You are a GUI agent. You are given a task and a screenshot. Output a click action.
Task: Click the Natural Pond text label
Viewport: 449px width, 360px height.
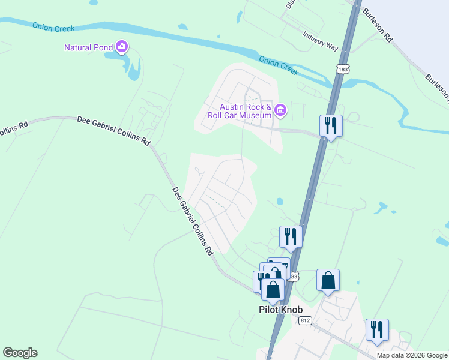(x=89, y=47)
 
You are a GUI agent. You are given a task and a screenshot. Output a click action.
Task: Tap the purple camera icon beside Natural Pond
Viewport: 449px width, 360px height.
(x=122, y=46)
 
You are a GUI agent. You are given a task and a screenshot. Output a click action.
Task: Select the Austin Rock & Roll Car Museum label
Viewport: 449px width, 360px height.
(x=240, y=110)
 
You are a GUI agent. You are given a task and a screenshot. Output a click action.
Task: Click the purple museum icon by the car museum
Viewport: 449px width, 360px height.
(x=280, y=110)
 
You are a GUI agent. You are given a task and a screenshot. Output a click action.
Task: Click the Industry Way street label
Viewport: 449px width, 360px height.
(x=321, y=41)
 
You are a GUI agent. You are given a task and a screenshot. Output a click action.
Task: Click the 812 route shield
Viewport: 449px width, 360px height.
(x=305, y=320)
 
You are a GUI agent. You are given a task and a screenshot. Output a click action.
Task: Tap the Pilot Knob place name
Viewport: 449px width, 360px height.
(x=277, y=310)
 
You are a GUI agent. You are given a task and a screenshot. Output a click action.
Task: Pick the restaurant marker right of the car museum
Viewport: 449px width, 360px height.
(x=330, y=126)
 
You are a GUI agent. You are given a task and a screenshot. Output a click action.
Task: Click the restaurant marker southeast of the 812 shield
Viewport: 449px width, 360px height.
(x=377, y=330)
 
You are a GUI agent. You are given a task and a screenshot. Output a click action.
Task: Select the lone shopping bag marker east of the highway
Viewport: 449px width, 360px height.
(x=328, y=281)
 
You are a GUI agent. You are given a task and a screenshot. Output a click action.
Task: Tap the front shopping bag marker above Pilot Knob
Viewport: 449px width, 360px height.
(x=273, y=289)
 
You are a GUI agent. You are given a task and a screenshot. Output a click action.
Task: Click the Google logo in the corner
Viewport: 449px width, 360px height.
(x=20, y=353)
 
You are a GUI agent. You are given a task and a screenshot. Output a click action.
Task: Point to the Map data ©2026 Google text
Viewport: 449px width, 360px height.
(x=412, y=355)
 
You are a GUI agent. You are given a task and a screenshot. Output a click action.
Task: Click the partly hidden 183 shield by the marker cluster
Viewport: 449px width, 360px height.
(x=294, y=276)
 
